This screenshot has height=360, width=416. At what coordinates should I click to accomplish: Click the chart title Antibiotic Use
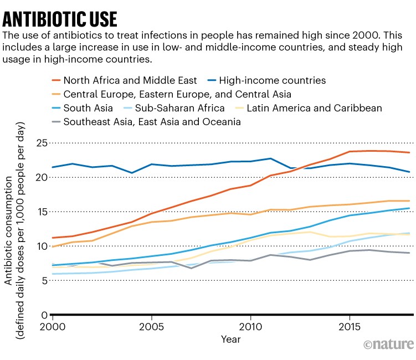(60, 19)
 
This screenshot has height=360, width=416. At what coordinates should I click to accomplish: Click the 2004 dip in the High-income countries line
(132, 173)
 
